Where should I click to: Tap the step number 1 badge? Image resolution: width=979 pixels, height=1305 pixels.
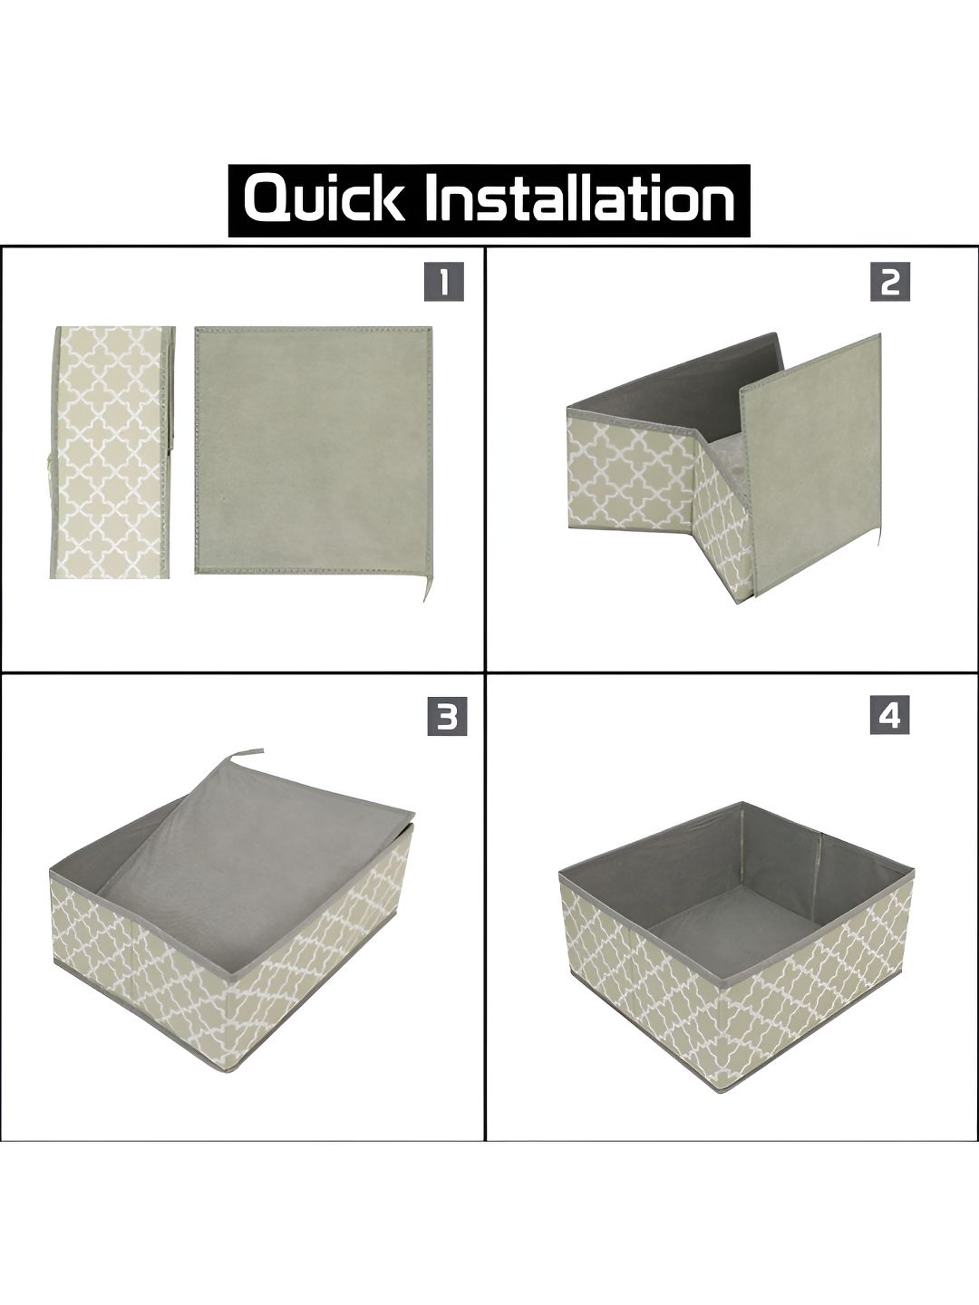[x=443, y=282]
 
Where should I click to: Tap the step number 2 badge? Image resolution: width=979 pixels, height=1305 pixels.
[x=890, y=282]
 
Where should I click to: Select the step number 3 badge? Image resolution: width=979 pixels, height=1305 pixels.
[x=447, y=717]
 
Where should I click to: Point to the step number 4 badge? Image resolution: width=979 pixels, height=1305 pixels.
[x=890, y=717]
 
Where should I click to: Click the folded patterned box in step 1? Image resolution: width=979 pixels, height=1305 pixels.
[x=112, y=452]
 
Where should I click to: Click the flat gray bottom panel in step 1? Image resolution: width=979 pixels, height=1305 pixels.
[x=314, y=449]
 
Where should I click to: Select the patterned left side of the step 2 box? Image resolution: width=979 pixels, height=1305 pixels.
[x=631, y=473]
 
